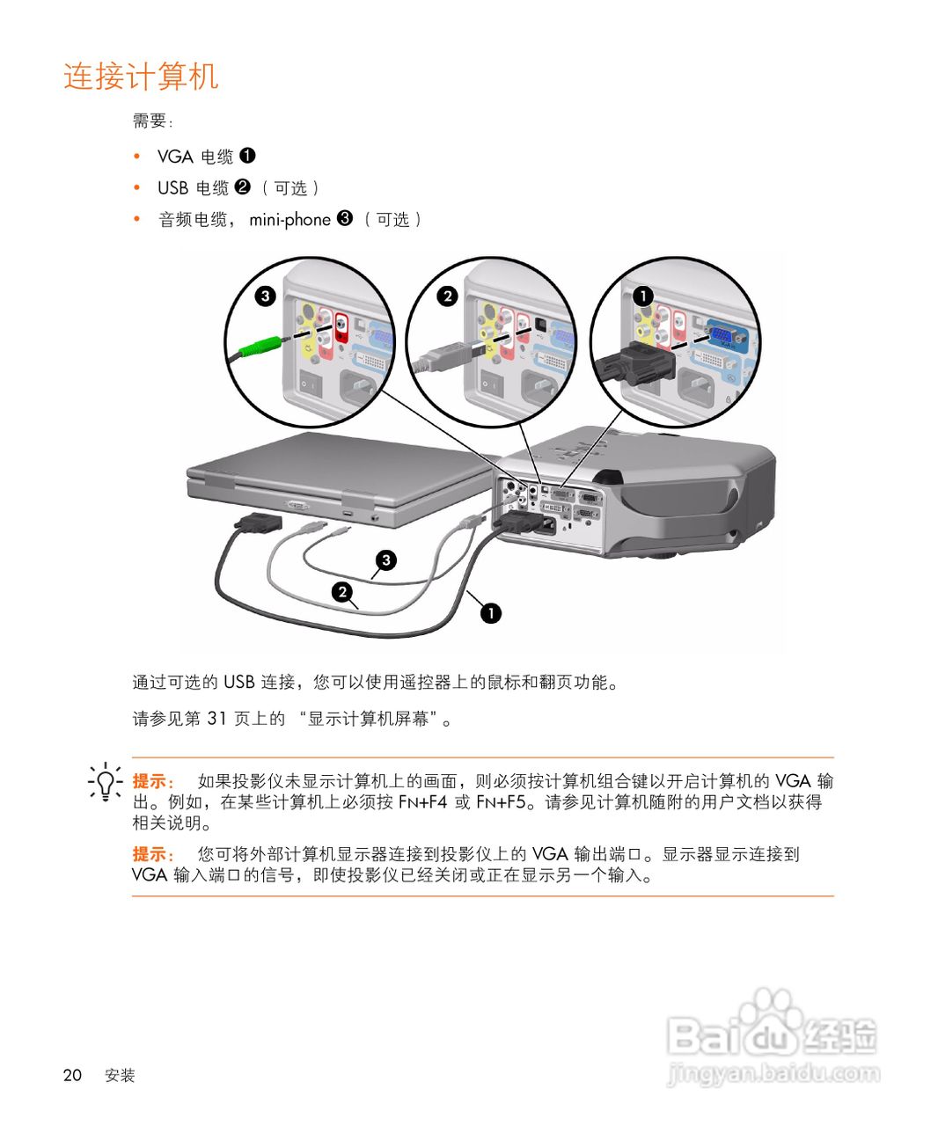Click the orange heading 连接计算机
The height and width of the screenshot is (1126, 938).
click(x=141, y=77)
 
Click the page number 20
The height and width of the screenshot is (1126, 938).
click(x=72, y=1075)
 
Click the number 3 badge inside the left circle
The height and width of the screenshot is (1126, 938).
click(x=265, y=296)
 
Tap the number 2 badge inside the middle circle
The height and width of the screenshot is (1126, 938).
click(x=447, y=296)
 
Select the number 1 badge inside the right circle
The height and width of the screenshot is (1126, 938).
click(x=643, y=296)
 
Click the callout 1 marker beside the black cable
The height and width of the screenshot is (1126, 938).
click(x=490, y=612)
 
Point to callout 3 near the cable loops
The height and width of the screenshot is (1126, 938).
click(x=385, y=560)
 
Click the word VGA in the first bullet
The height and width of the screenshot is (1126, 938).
click(x=175, y=157)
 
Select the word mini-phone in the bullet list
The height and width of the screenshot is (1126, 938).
click(x=289, y=220)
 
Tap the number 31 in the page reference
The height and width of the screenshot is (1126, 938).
click(x=216, y=719)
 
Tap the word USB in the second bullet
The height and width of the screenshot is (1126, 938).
click(x=172, y=188)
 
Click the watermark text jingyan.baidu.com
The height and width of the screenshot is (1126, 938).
click(x=774, y=1073)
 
